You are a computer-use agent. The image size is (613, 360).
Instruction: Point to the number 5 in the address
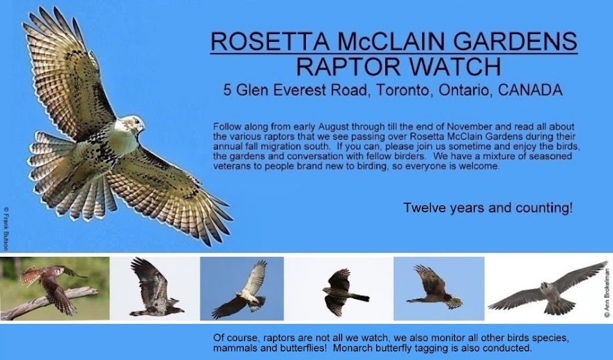tap(227, 91)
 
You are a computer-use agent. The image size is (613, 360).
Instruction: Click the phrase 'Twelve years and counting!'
tap(488, 208)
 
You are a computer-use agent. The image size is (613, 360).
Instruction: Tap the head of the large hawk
tap(132, 126)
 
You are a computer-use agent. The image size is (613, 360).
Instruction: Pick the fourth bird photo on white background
tap(343, 288)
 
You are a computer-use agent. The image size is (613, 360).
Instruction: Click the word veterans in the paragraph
tap(233, 167)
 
